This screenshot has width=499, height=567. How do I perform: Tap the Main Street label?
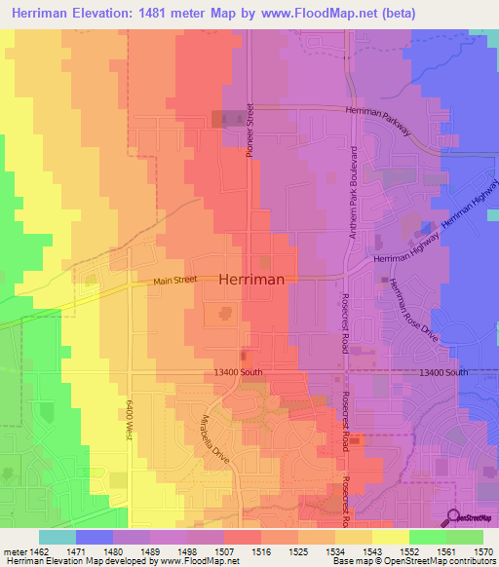[x=175, y=282]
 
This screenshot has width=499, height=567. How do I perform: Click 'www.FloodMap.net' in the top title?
[x=310, y=14]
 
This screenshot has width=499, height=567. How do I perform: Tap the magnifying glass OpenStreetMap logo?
[x=453, y=517]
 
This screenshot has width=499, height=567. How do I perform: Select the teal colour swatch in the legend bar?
[x=57, y=537]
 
